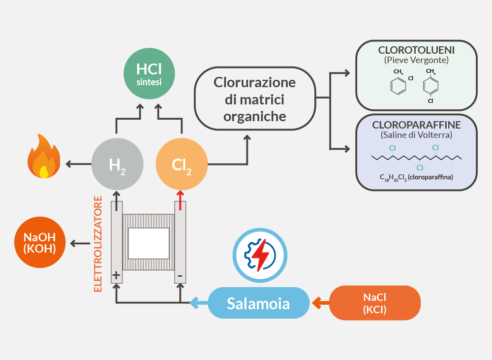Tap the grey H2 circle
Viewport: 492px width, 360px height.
click(x=117, y=164)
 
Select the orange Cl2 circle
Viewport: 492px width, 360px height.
click(x=182, y=164)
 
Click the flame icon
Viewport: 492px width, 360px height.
click(x=44, y=157)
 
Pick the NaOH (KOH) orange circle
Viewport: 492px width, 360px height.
click(x=40, y=243)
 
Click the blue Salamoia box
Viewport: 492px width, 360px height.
click(x=258, y=303)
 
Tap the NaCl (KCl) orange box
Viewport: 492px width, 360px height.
click(x=374, y=303)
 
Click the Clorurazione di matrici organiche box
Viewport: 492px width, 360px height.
click(x=255, y=98)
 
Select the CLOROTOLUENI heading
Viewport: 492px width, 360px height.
click(x=416, y=50)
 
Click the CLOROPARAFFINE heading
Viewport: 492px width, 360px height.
click(x=416, y=125)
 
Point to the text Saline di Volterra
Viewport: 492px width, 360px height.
click(x=416, y=134)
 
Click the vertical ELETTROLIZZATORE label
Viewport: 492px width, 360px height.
click(x=98, y=244)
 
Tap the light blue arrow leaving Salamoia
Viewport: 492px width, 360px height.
click(x=198, y=302)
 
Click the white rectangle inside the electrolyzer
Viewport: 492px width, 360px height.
click(x=148, y=243)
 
